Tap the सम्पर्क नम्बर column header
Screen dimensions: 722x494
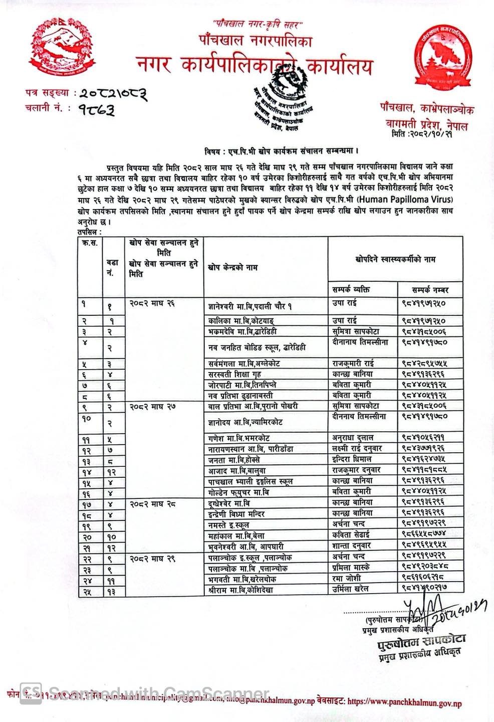pos(430,290)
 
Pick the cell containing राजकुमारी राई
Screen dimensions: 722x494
pos(354,363)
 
